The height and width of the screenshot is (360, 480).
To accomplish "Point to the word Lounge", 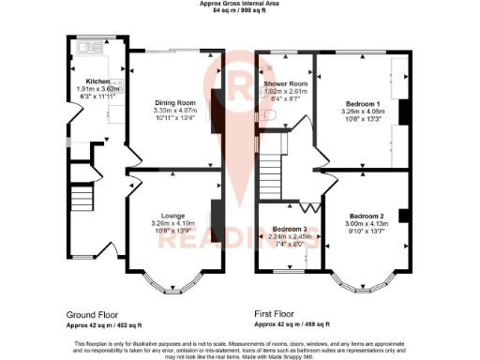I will (x=171, y=215).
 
